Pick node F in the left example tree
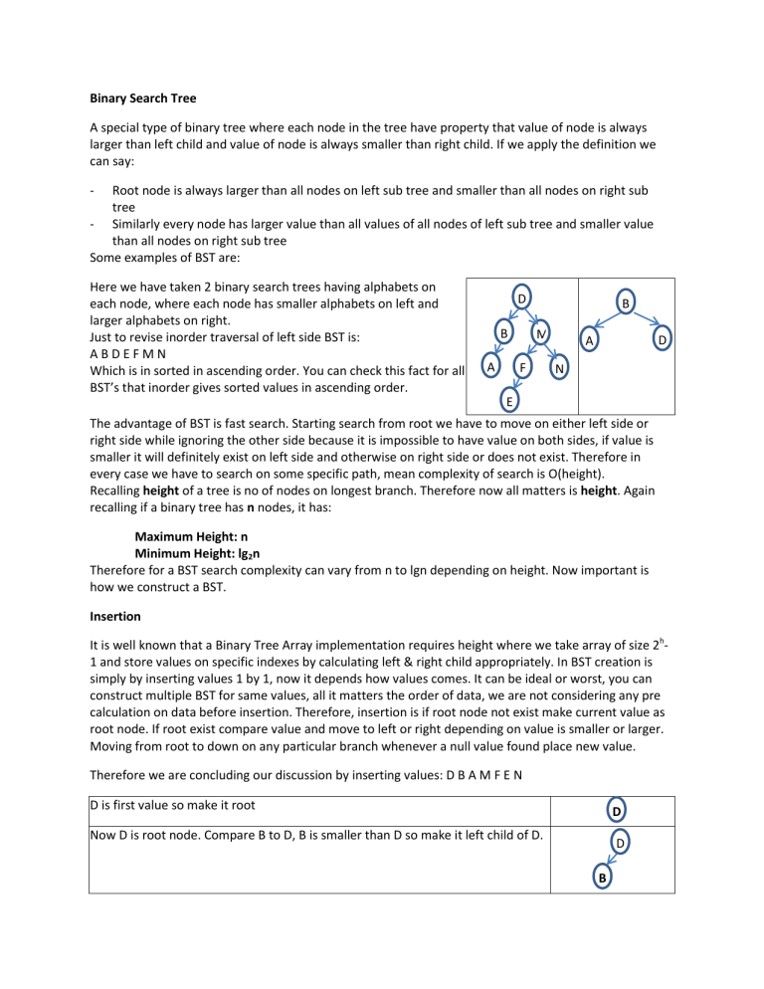(x=522, y=367)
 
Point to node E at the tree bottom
(x=508, y=401)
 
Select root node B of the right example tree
(x=624, y=304)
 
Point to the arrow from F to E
(x=515, y=385)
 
